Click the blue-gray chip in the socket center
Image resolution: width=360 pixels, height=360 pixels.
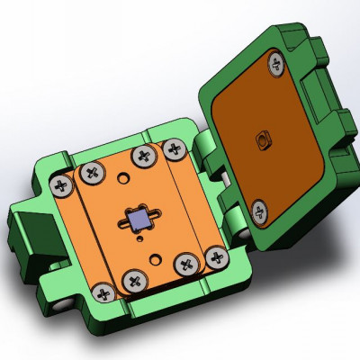139,219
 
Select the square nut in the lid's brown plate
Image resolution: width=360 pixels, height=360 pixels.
263,139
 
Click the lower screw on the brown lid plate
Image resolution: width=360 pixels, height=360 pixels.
259,211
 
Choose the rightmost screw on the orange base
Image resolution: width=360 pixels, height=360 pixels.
216,258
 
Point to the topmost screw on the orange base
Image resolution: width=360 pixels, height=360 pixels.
142,157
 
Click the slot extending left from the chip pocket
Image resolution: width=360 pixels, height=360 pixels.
121,216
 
